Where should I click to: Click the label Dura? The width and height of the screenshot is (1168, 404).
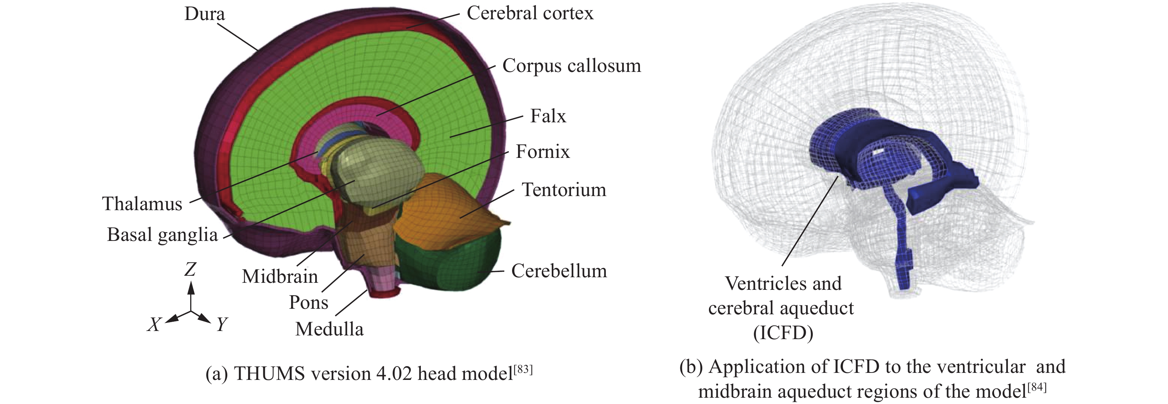[204, 14]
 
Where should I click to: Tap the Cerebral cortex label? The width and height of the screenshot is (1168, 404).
[529, 13]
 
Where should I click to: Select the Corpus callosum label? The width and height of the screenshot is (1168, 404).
[571, 66]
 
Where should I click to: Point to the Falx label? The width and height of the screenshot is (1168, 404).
[548, 116]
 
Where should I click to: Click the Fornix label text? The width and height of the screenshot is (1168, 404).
[542, 152]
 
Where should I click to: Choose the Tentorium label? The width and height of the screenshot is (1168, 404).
[564, 189]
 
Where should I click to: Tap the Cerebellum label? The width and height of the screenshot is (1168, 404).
[559, 271]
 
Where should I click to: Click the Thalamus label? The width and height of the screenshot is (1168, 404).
[142, 203]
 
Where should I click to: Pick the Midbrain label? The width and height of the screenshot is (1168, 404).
[280, 276]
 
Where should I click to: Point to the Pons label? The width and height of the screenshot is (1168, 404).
[309, 302]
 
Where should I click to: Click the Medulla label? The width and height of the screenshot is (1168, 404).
[329, 329]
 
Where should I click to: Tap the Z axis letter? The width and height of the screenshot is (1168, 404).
[190, 270]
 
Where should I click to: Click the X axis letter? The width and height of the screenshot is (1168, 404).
[154, 324]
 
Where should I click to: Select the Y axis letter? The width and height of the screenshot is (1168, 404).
[222, 324]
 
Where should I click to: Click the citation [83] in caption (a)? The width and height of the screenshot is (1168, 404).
[523, 369]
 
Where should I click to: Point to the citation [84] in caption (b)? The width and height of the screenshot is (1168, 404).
[1037, 387]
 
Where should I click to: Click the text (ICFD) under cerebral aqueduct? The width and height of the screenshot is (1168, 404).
[783, 333]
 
